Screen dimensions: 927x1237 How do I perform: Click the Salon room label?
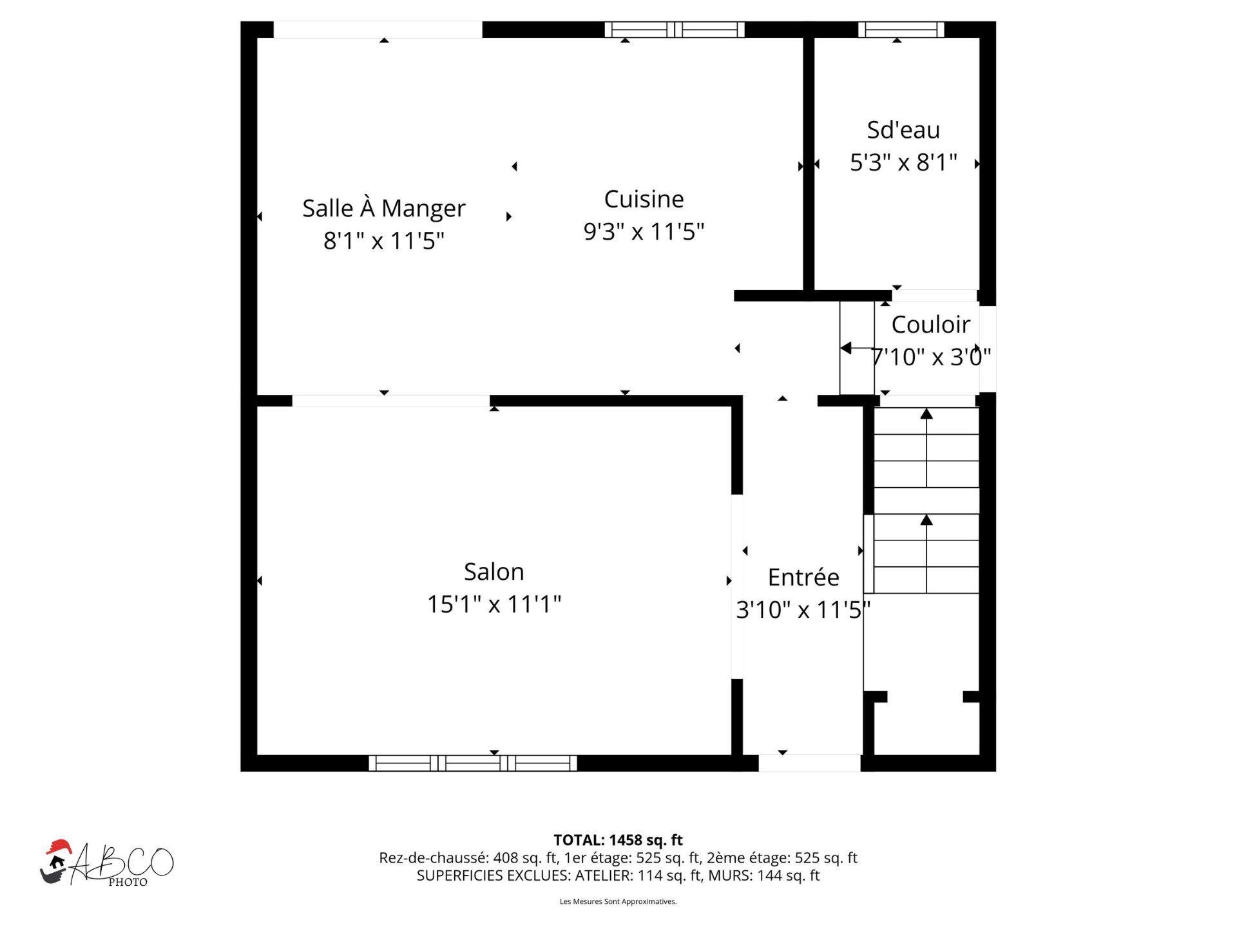coord(494,572)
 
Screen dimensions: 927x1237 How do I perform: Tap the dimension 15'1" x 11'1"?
coord(494,605)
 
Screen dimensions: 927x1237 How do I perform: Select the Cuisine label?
coord(643,199)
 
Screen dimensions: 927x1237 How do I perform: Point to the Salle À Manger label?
coord(383,208)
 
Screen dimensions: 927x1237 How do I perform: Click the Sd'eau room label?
coord(903,130)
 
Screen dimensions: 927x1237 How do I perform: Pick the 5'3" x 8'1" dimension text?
coord(903,162)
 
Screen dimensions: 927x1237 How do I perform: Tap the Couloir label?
coord(930,325)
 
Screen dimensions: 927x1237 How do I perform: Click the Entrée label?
coord(803,577)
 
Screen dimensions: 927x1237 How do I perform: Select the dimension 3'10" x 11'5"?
coord(803,609)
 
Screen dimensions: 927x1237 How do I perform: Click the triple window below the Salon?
coord(473,763)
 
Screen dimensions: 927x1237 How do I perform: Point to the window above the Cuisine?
coord(675,30)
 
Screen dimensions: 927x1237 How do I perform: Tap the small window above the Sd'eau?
coord(901,30)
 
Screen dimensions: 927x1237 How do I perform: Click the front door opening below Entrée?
coord(809,763)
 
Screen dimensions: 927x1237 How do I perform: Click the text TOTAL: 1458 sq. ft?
coord(618,840)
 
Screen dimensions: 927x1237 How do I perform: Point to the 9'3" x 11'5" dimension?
coord(643,231)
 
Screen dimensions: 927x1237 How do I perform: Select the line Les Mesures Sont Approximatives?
coord(618,901)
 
